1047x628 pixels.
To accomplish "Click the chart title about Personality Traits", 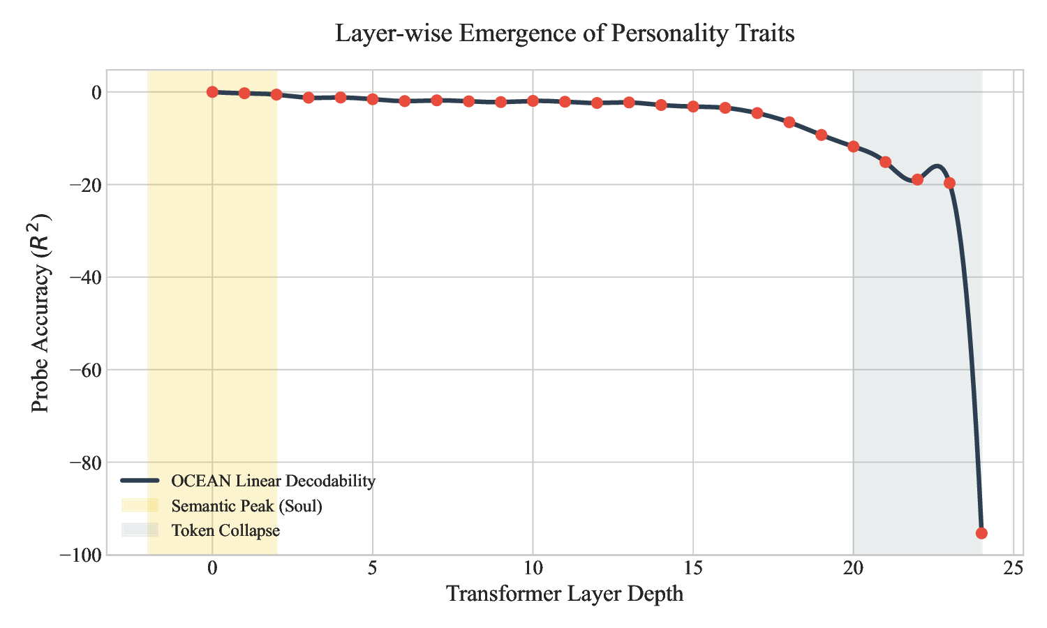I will click(565, 33).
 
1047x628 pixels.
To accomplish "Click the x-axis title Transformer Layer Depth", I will click(565, 594).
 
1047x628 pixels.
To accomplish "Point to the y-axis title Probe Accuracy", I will click(41, 312).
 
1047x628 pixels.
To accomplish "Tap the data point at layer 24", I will click(981, 533).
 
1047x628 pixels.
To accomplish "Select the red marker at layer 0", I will click(212, 91).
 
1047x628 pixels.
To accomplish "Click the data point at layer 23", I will click(949, 183).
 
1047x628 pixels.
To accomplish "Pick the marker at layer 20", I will click(853, 147).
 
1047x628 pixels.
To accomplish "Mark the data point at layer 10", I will click(533, 100).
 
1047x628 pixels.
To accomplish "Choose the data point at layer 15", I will click(693, 106).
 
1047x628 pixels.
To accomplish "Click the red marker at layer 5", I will click(373, 99).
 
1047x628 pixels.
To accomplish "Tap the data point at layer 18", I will click(789, 122).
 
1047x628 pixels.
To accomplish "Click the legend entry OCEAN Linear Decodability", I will click(273, 481).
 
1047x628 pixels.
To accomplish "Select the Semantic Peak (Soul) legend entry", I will click(246, 506).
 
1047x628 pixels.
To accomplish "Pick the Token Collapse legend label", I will click(225, 530).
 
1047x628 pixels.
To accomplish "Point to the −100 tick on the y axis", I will click(82, 555).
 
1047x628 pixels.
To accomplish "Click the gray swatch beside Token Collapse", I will click(140, 530).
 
